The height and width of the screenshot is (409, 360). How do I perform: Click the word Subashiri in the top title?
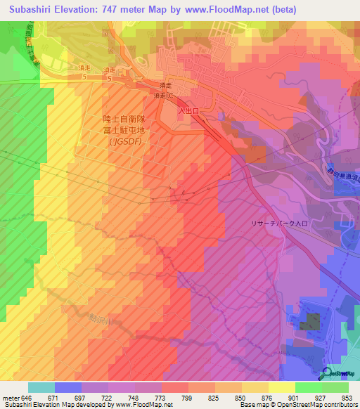pyautogui.click(x=32, y=10)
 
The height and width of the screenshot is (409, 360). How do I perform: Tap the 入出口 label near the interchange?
pyautogui.click(x=188, y=111)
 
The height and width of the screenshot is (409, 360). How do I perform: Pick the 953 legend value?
pyautogui.click(x=345, y=398)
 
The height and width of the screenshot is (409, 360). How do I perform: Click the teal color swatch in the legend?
pyautogui.click(x=41, y=387)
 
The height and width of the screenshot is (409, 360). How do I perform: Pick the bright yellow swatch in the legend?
pyautogui.click(x=282, y=387)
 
